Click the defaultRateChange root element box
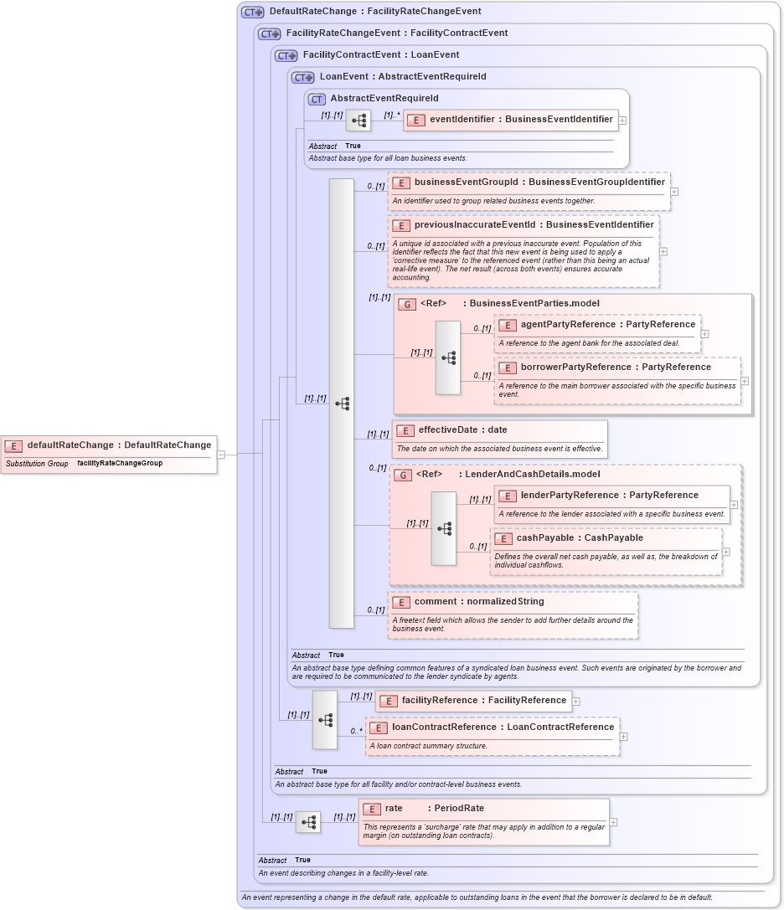click(109, 445)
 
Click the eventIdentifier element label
click(521, 120)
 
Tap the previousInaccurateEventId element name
click(534, 224)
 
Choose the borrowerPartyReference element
click(615, 367)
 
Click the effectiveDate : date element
click(462, 429)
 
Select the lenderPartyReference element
click(609, 495)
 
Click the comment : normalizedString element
click(478, 601)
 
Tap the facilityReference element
click(483, 700)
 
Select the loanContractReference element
click(503, 727)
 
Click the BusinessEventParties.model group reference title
click(534, 303)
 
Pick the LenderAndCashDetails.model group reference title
click(532, 474)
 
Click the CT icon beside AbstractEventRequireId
click(316, 99)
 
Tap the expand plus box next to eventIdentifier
click(622, 120)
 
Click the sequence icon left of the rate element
click(308, 822)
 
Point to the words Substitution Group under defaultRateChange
click(37, 463)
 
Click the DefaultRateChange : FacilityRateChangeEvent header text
click(374, 12)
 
